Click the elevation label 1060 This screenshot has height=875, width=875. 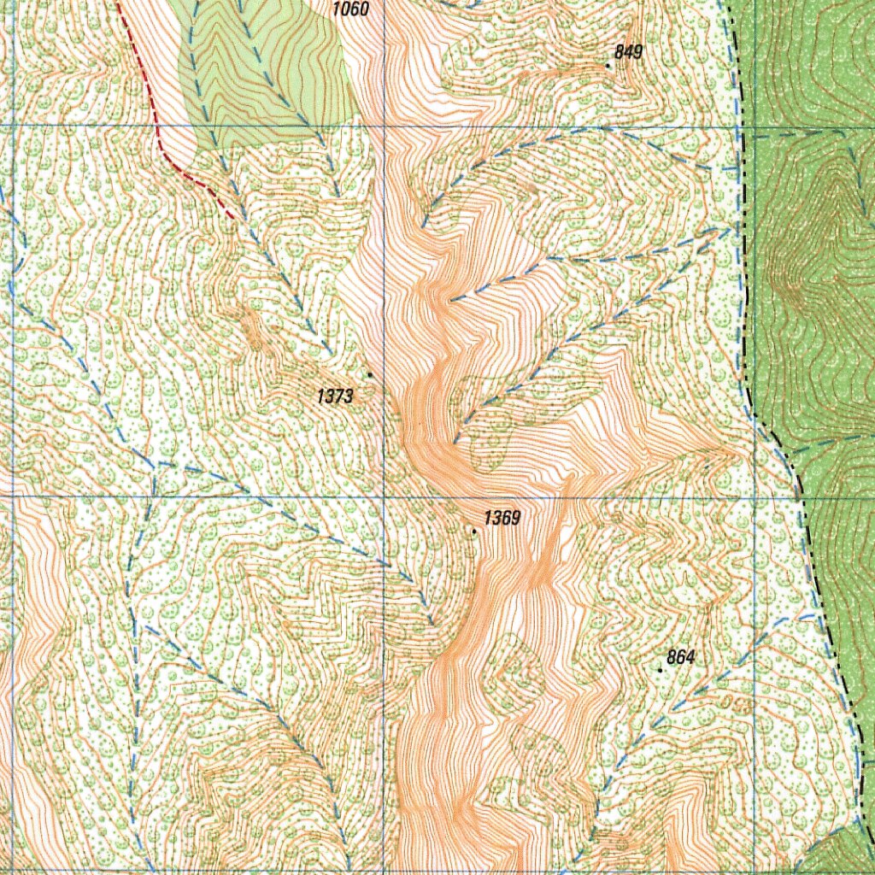point(349,9)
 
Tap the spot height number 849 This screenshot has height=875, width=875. point(628,52)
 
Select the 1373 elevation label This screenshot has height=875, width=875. point(334,396)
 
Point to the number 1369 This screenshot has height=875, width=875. point(502,518)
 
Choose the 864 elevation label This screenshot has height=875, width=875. point(680,657)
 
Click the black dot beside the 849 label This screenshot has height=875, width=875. point(608,65)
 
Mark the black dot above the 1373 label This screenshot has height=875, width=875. point(369,374)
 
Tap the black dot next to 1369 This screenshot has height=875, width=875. point(475,531)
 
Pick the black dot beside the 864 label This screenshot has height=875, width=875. point(660,670)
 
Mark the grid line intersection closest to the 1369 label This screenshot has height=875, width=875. point(384,496)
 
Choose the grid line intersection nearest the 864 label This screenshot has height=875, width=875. point(755,496)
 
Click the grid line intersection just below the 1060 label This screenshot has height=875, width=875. point(384,126)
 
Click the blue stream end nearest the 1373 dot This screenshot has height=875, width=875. point(332,352)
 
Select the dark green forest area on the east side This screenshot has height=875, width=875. point(820,256)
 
